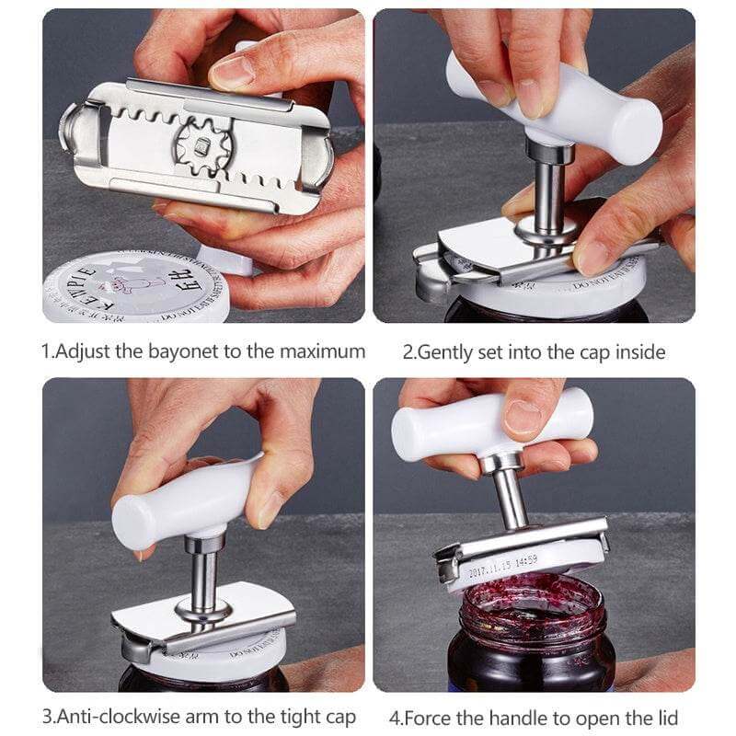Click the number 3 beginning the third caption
[x=46, y=717]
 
